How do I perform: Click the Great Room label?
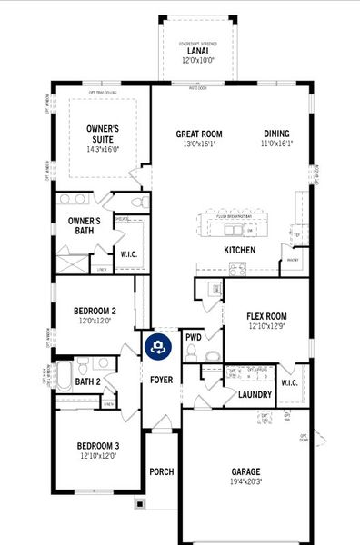[x=199, y=134]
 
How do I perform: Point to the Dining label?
[x=277, y=134]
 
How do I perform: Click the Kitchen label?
[x=239, y=250]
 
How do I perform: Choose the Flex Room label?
[x=269, y=316]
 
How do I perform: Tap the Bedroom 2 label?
[x=95, y=311]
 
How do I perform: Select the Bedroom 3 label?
[x=98, y=446]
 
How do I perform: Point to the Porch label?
[x=162, y=471]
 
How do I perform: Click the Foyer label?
[x=162, y=378]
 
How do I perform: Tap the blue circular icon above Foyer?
[x=157, y=346]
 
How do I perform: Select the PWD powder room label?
[x=193, y=337]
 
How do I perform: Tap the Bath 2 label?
[x=88, y=381]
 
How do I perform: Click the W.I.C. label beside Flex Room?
[x=290, y=381]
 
